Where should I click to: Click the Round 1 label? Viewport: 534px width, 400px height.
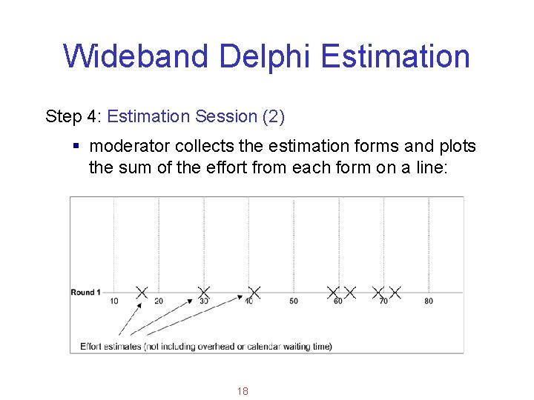(x=86, y=293)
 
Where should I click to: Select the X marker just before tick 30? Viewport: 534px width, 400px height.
(x=204, y=293)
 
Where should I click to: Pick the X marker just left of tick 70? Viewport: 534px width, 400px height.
(x=378, y=293)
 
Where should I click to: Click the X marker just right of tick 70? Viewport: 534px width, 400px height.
(x=395, y=293)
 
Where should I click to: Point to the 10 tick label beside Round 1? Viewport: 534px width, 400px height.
(x=113, y=301)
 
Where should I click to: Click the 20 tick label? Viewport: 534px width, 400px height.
(x=158, y=301)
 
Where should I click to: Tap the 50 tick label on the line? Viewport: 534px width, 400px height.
(x=294, y=301)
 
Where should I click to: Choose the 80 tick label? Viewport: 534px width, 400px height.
(x=429, y=301)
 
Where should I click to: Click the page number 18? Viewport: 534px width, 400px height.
(x=243, y=391)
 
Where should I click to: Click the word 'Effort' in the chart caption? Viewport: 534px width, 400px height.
(x=92, y=346)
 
